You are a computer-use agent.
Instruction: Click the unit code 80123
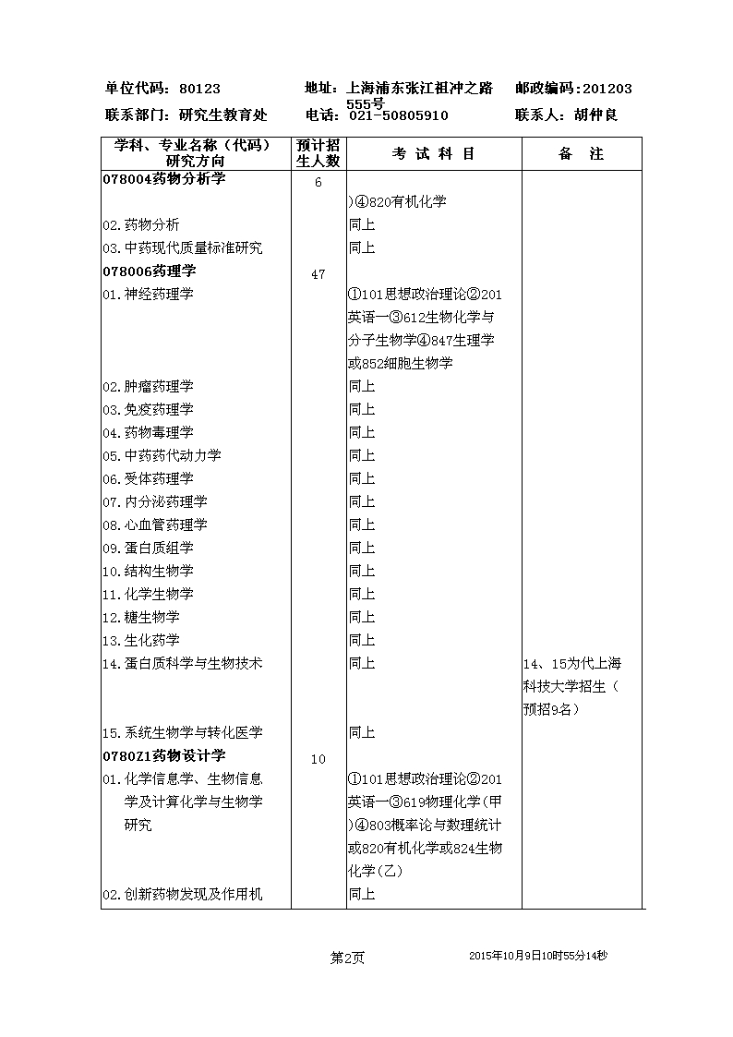pyautogui.click(x=199, y=89)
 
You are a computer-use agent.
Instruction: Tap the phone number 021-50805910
pyautogui.click(x=398, y=115)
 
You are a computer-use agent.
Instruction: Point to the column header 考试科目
pyautogui.click(x=434, y=154)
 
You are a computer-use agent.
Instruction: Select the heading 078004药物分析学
pyautogui.click(x=163, y=178)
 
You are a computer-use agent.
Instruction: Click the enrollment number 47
pyautogui.click(x=318, y=274)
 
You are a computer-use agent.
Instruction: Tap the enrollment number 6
pyautogui.click(x=318, y=182)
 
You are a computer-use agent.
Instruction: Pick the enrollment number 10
pyautogui.click(x=318, y=759)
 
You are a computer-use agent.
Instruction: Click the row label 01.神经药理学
pyautogui.click(x=148, y=294)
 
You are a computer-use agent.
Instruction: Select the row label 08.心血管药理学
pyautogui.click(x=154, y=525)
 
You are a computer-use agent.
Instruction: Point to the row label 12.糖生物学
pyautogui.click(x=141, y=617)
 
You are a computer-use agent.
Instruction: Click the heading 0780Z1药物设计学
pyautogui.click(x=163, y=755)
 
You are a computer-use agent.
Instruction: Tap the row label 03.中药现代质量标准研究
pyautogui.click(x=182, y=247)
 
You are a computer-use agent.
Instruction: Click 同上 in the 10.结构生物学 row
pyautogui.click(x=362, y=571)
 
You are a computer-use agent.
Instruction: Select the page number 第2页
pyautogui.click(x=347, y=958)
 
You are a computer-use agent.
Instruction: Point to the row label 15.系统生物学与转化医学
pyautogui.click(x=182, y=732)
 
